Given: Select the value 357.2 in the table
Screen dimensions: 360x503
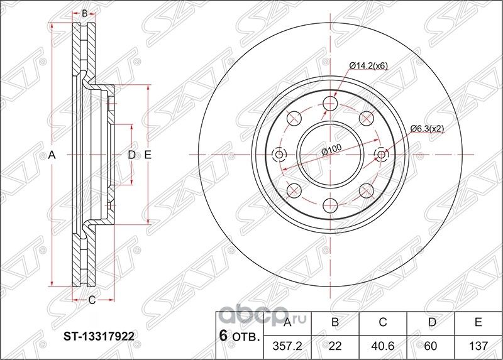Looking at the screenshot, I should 287,345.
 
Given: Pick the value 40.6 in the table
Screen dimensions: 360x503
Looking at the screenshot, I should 383,345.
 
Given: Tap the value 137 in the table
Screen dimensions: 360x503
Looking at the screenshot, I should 478,345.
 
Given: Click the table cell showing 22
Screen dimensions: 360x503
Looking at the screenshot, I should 335,345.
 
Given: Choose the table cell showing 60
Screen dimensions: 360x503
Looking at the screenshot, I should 431,345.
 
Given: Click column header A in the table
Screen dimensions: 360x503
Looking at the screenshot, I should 287,323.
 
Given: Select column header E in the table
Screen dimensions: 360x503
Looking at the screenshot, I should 478,323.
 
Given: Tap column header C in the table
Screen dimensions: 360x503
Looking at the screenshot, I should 383,323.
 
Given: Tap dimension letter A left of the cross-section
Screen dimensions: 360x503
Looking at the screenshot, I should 53,155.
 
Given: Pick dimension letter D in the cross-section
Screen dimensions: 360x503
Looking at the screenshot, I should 131,155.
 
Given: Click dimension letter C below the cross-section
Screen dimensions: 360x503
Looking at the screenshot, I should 91,300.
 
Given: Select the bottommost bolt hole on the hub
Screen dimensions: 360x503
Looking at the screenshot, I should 331,205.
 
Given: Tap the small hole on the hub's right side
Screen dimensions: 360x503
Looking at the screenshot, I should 382,155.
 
